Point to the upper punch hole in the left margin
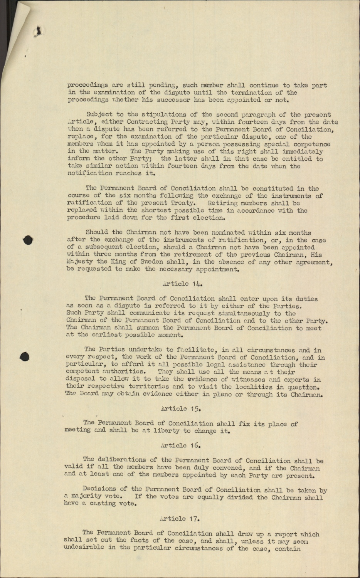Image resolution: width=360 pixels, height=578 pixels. pos(27,239)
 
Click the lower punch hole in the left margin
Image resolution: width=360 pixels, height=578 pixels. pos(26,356)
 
